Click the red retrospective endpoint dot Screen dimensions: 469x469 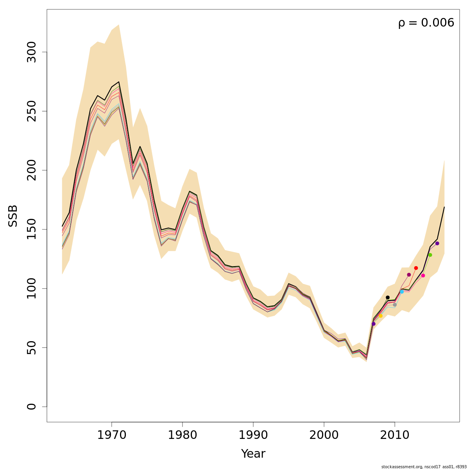click(416, 268)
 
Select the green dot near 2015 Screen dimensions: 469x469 click(430, 255)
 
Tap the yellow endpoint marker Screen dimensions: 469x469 click(381, 316)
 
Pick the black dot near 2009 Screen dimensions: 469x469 click(388, 297)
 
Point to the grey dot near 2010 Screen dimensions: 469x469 click(395, 305)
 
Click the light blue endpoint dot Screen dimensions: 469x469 click(402, 292)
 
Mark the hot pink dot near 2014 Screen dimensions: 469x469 click(423, 276)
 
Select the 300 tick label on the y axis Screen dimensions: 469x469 click(32, 52)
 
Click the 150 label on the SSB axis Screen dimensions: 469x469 click(32, 229)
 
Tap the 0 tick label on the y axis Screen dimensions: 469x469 click(32, 406)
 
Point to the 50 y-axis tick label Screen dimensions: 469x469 click(32, 347)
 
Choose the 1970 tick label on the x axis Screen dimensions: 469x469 click(112, 435)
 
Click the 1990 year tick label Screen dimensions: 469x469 click(253, 435)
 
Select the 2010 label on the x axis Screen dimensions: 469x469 click(395, 435)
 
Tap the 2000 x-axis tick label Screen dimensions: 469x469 click(324, 435)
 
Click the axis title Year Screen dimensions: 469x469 click(253, 454)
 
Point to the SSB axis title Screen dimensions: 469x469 click(13, 215)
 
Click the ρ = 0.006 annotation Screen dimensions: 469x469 click(426, 23)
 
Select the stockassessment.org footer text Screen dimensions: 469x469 click(424, 467)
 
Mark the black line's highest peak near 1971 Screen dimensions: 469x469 click(119, 82)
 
